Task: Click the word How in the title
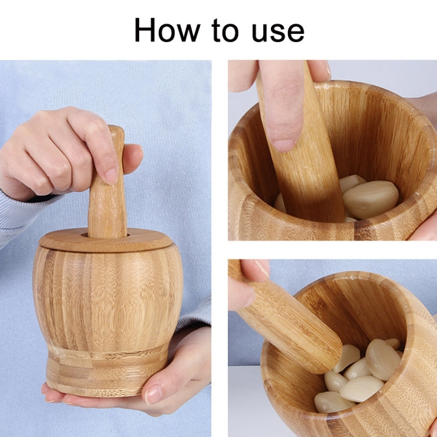pyautogui.click(x=165, y=30)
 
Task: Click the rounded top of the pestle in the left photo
pyautogui.click(x=116, y=133)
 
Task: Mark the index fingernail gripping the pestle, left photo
pyautogui.click(x=111, y=175)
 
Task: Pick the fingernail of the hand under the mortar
pyautogui.click(x=153, y=394)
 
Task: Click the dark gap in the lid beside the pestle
pyautogui.click(x=85, y=235)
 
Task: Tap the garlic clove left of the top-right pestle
pyautogui.click(x=280, y=204)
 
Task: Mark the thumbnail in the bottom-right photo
pyautogui.click(x=262, y=268)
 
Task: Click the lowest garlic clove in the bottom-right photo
pyautogui.click(x=332, y=402)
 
